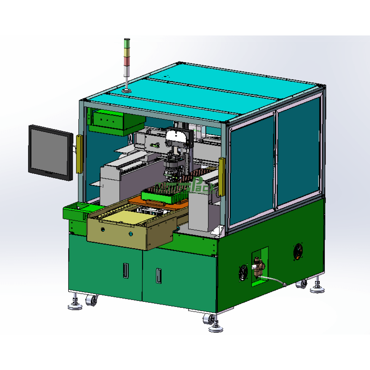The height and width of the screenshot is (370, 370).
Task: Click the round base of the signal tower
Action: pyautogui.click(x=126, y=90)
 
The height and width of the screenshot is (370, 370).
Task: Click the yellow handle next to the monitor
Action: pyautogui.click(x=79, y=154)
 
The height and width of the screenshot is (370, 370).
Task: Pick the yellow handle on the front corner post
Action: pyautogui.click(x=221, y=177)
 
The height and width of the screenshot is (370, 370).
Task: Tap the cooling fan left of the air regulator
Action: pyautogui.click(x=244, y=273)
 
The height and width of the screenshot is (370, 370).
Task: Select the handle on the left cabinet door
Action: pyautogui.click(x=125, y=270)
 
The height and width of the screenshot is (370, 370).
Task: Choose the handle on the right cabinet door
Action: pyautogui.click(x=158, y=276)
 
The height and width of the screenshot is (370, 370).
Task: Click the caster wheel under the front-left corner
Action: pyautogui.click(x=91, y=300)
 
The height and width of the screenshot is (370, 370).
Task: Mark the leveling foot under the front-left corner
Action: pyautogui.click(x=75, y=305)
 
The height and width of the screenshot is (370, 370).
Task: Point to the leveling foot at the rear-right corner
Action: pyautogui.click(x=318, y=289)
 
